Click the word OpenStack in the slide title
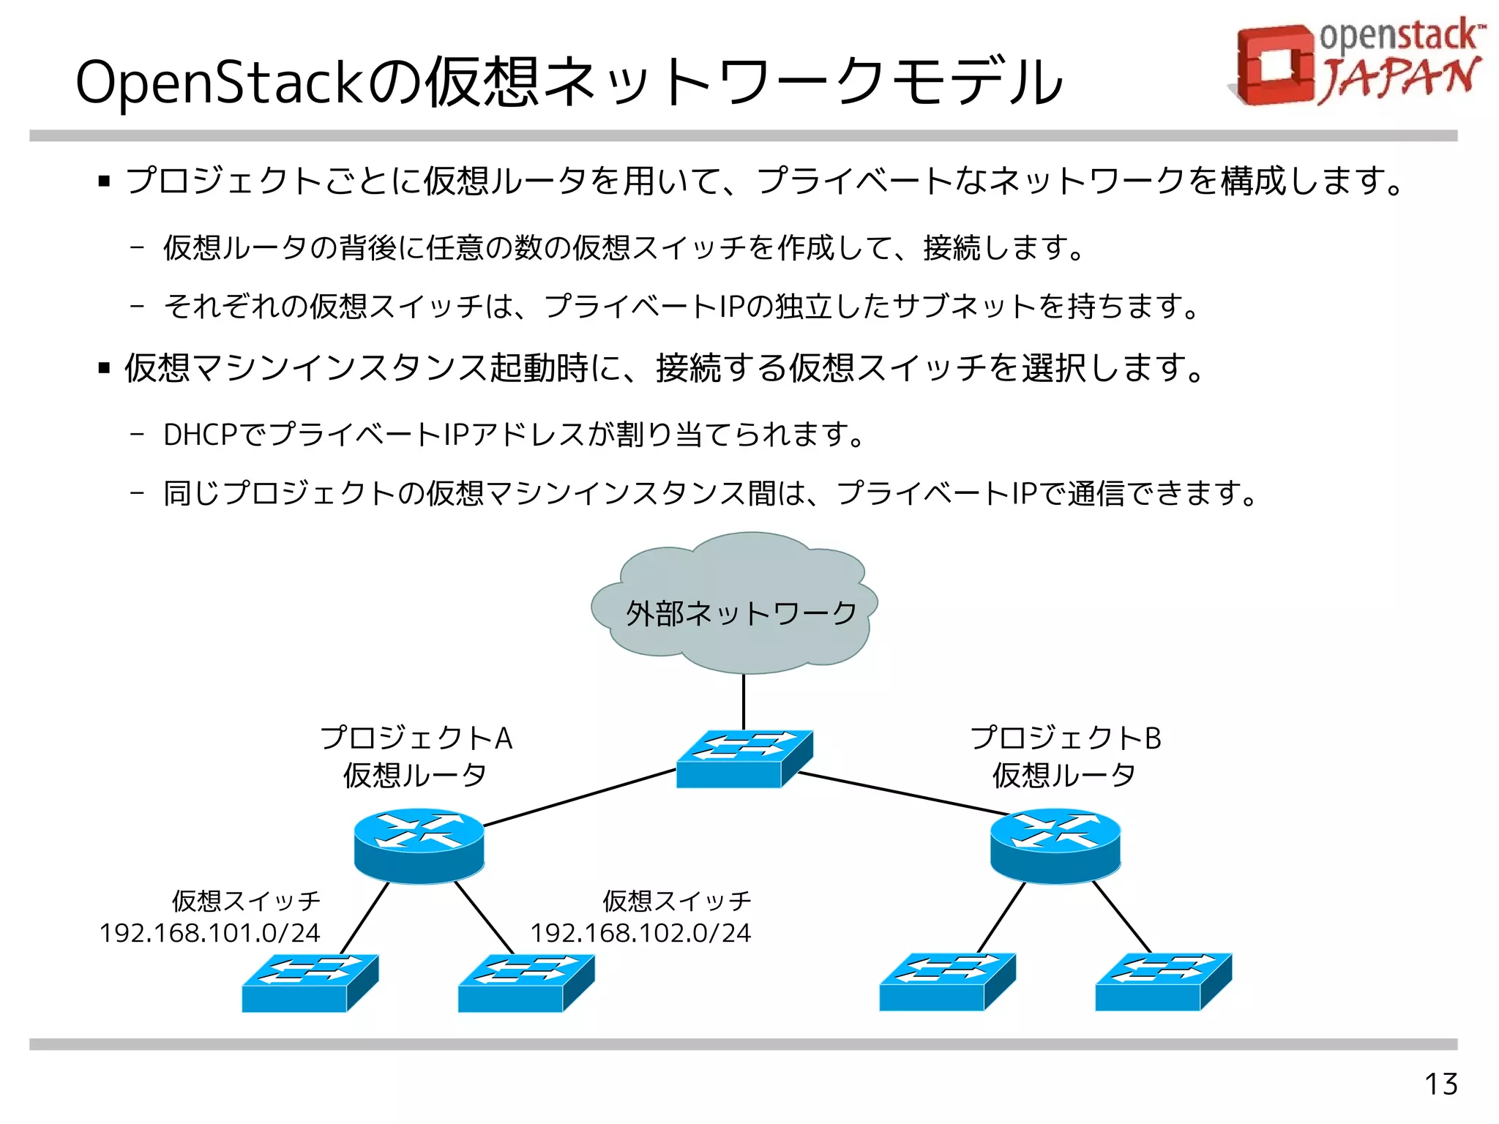pos(220,82)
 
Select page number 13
pos(1440,1084)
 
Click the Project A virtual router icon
pos(419,845)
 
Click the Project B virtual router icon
pos(1055,845)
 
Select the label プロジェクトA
pos(416,738)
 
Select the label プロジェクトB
pos(1065,738)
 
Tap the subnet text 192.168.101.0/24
pos(209,933)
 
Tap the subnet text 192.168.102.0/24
pos(640,933)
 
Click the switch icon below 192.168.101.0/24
pos(310,983)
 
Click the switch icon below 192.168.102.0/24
pos(526,983)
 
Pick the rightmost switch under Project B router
pos(1163,982)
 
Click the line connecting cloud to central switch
pos(744,701)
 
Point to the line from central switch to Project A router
pos(580,798)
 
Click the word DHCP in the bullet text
pos(200,435)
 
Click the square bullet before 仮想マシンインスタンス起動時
pos(104,368)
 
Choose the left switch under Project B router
pos(947,982)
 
